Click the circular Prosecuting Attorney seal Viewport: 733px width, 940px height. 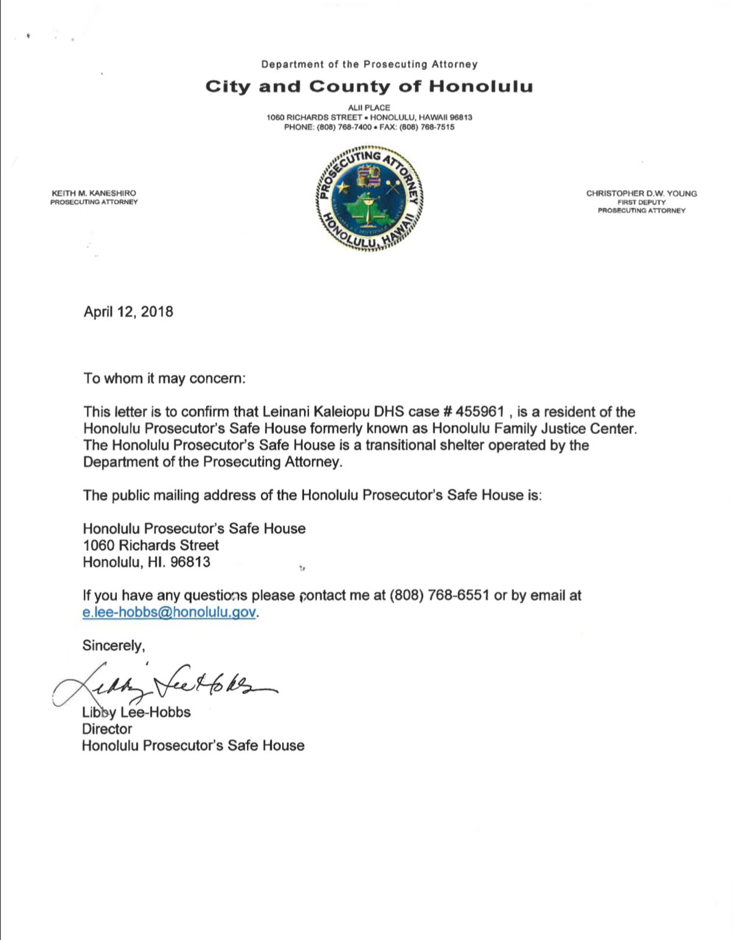point(369,198)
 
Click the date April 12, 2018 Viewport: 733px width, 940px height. point(128,312)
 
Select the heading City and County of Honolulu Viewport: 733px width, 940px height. point(369,86)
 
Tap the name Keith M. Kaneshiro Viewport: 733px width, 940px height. point(94,193)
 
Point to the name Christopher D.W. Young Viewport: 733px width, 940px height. point(641,193)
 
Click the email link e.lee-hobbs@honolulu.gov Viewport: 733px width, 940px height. point(169,612)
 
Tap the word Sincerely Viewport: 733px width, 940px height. point(113,646)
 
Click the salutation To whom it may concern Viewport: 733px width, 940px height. point(164,378)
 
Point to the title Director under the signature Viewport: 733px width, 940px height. point(107,729)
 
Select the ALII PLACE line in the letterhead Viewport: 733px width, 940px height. point(369,108)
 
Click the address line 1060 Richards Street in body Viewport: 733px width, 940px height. point(151,545)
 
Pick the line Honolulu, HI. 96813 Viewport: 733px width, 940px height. point(147,562)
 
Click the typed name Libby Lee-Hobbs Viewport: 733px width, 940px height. point(136,712)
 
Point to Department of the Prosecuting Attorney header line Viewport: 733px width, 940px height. point(369,64)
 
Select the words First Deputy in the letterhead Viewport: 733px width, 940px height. point(641,202)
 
